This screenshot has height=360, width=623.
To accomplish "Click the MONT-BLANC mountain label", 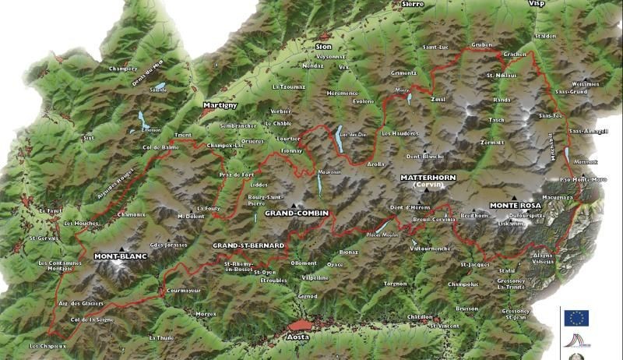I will pos(121,256).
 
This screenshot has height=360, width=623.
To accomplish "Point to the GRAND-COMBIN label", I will pos(297,213).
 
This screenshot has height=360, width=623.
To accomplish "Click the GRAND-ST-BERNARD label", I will pos(248,245).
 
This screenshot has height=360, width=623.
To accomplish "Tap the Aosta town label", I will pos(297,337).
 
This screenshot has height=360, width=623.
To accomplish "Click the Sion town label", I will pos(323,47).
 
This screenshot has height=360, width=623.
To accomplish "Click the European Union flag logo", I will pos(576,318).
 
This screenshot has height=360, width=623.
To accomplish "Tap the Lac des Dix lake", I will pos(340,141).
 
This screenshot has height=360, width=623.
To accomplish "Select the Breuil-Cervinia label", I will pos(432,219).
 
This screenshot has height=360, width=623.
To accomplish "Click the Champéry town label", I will pos(123,69).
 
